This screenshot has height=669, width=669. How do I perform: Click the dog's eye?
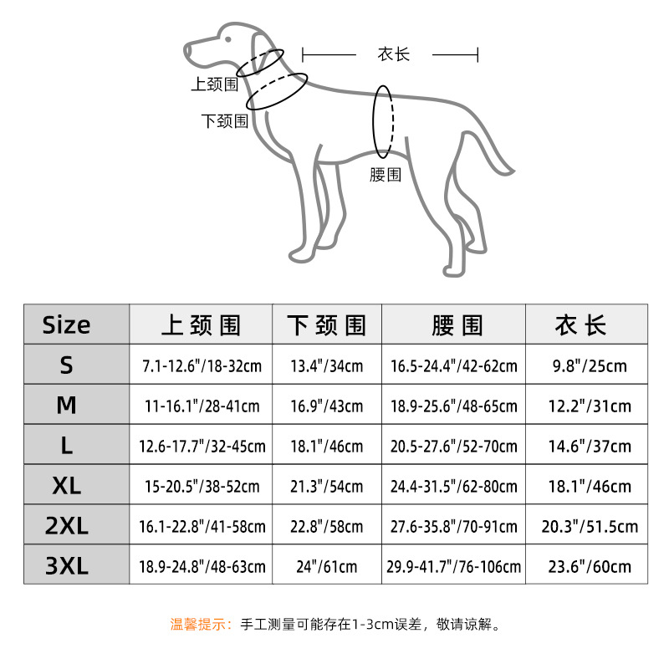228,39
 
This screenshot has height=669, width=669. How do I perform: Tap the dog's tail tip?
511,172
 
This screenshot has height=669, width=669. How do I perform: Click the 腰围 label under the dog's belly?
386,175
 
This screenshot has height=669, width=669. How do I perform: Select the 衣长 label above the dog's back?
393,54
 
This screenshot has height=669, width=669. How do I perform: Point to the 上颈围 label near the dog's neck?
215,84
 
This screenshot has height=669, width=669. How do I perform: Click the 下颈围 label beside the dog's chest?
225,121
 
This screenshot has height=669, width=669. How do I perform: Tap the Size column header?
67,324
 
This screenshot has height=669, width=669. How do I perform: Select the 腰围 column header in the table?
457,325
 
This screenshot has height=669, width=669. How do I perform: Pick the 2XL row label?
67,525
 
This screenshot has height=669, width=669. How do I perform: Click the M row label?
67,405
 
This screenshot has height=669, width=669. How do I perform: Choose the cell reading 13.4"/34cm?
327,366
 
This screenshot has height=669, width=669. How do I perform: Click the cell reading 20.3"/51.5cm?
590,527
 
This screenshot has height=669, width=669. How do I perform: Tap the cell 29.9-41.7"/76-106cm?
453,567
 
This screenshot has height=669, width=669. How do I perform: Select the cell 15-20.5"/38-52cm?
202,487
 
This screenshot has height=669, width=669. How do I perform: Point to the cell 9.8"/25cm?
590,366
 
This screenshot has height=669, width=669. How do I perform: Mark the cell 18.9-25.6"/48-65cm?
453,406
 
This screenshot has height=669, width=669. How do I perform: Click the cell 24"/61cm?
327,567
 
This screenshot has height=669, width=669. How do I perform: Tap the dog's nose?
186,51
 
